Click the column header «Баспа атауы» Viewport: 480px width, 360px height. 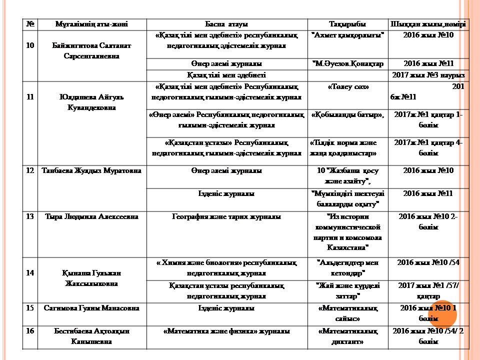pyautogui.click(x=226, y=24)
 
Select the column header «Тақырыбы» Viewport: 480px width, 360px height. pyautogui.click(x=347, y=24)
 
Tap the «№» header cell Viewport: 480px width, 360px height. pyautogui.click(x=29, y=24)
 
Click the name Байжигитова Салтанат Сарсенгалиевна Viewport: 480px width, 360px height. pyautogui.click(x=91, y=50)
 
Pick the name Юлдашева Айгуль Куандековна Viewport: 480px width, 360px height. pyautogui.click(x=91, y=101)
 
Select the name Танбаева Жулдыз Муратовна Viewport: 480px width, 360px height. pyautogui.click(x=91, y=171)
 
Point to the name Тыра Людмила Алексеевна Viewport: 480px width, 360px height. pyautogui.click(x=91, y=217)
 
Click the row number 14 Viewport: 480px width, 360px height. pyautogui.click(x=29, y=273)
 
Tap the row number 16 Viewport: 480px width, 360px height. pyautogui.click(x=29, y=331)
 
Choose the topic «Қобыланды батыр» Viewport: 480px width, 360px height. pyautogui.click(x=347, y=115)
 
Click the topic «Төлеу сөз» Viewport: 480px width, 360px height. pyautogui.click(x=347, y=87)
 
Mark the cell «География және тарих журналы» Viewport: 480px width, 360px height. pyautogui.click(x=226, y=217)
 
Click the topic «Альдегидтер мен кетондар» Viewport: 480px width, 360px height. pyautogui.click(x=347, y=267)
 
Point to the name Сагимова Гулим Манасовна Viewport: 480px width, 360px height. pyautogui.click(x=91, y=308)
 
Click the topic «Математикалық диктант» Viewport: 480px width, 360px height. pyautogui.click(x=347, y=336)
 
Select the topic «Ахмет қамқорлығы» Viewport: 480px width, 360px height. pyautogui.click(x=347, y=35)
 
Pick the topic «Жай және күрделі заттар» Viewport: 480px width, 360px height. pyautogui.click(x=347, y=290)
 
